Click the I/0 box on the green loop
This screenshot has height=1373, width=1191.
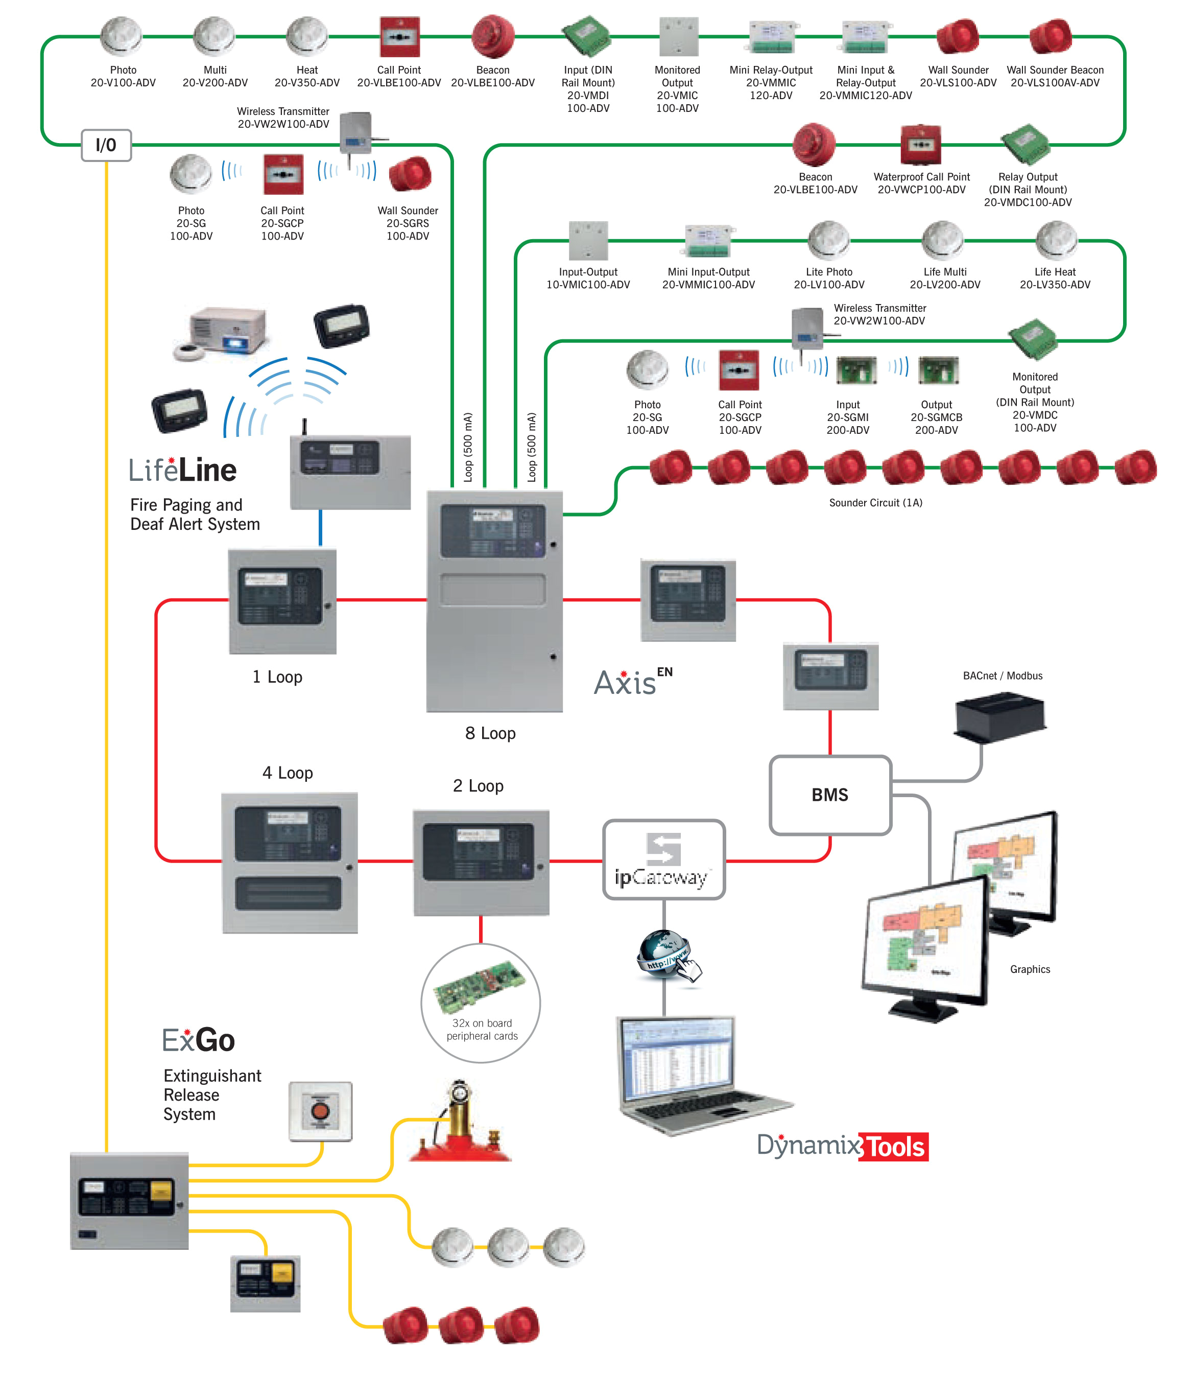(106, 145)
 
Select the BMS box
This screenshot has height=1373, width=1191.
(829, 795)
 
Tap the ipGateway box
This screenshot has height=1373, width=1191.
(663, 859)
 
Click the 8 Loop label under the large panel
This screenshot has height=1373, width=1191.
(490, 733)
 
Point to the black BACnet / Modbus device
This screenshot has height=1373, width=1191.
(1001, 717)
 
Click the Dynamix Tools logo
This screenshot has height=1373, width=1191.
(842, 1146)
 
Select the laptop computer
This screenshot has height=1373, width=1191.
(691, 1074)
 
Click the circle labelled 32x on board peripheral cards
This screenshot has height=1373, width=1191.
(481, 1003)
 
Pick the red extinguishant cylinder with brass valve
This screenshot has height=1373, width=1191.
(460, 1124)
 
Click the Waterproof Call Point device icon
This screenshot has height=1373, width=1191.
(920, 144)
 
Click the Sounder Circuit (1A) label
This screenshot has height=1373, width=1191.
(875, 503)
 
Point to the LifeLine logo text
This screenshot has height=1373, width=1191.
(182, 470)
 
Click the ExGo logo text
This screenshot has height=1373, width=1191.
(198, 1040)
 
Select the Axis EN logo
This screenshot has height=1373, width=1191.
(631, 682)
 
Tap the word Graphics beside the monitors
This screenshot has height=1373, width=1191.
(1030, 969)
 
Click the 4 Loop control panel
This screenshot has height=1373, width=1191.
(289, 863)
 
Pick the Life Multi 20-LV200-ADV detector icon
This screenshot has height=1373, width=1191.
(942, 240)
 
